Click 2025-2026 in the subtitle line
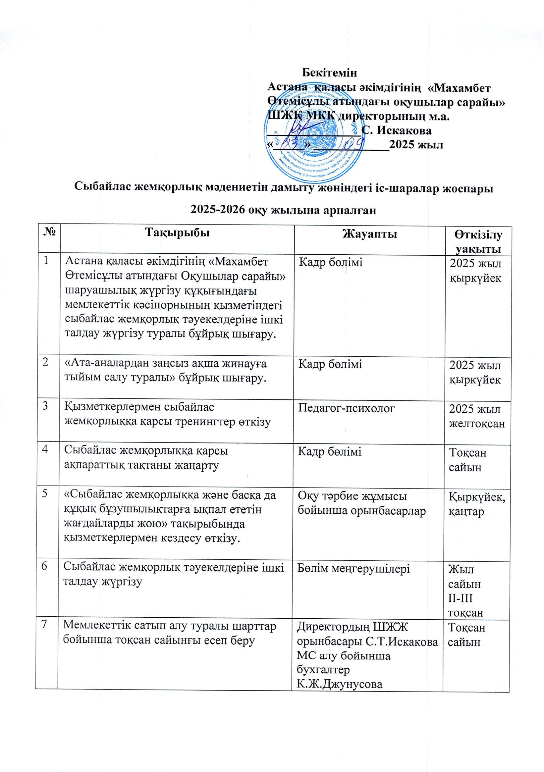[x=218, y=210]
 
